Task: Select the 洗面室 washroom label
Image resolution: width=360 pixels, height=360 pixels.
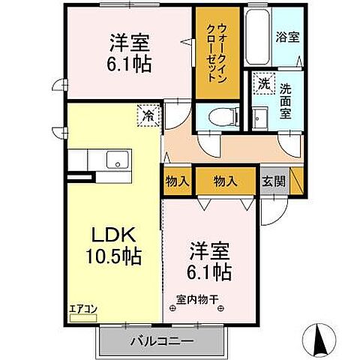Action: (x=286, y=100)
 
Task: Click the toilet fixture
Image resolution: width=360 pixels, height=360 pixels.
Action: (x=223, y=116)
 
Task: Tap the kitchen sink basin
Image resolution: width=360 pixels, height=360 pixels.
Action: (x=116, y=160)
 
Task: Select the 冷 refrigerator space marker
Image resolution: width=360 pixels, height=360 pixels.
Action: (x=148, y=116)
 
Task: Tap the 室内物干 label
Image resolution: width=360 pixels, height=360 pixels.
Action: (x=197, y=301)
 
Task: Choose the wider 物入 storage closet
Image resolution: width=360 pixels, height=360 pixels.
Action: (x=225, y=181)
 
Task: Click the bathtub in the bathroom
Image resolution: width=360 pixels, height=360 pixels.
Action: (x=259, y=37)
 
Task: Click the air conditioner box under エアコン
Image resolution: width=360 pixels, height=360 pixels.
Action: (x=83, y=317)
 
